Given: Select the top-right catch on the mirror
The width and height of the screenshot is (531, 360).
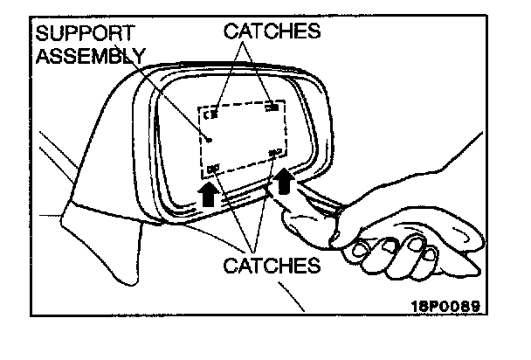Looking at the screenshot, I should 272,107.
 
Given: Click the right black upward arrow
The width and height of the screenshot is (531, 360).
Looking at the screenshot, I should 284,181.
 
